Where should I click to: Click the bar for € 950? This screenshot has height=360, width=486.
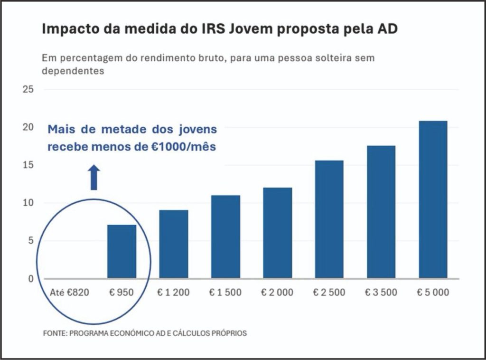click(x=122, y=252)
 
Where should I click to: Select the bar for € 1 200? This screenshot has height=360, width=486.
click(x=174, y=244)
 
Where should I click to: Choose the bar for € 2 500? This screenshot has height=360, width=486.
click(x=329, y=219)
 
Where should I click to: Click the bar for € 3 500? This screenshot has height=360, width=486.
click(x=381, y=212)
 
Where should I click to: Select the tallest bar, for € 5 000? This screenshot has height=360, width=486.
click(x=433, y=199)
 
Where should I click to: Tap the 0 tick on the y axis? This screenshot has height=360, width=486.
click(x=30, y=279)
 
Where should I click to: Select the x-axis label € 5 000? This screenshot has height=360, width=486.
click(x=433, y=293)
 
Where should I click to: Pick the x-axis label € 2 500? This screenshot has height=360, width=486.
click(x=329, y=293)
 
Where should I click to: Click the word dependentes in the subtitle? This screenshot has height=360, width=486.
click(x=73, y=72)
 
